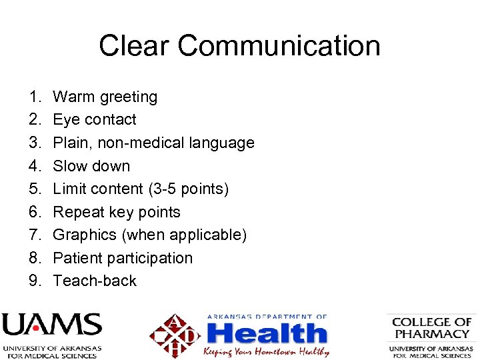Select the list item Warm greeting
coord(105,97)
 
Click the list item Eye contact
coord(94,120)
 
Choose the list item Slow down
coord(91,166)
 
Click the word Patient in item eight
coord(75,258)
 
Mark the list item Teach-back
coord(95,281)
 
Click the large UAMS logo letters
coord(51,326)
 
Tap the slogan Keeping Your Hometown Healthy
coord(267,351)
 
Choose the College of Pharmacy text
coord(431,327)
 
